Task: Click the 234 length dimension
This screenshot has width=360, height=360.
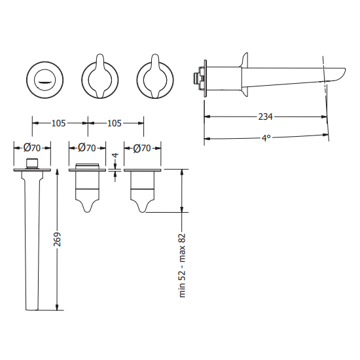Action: coord(265,117)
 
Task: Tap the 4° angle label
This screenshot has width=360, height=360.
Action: coord(265,138)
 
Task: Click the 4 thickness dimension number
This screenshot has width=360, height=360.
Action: coord(115,158)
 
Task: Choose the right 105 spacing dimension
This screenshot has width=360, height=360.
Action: coord(115,122)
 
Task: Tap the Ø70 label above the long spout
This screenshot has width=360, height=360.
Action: coord(32,148)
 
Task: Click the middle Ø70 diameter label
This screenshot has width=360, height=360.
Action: coord(87,148)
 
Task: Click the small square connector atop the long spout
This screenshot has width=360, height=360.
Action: coord(32,162)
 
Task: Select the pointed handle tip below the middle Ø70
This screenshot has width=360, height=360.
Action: coord(88,208)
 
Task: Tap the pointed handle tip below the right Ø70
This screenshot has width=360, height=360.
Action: coord(143,208)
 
